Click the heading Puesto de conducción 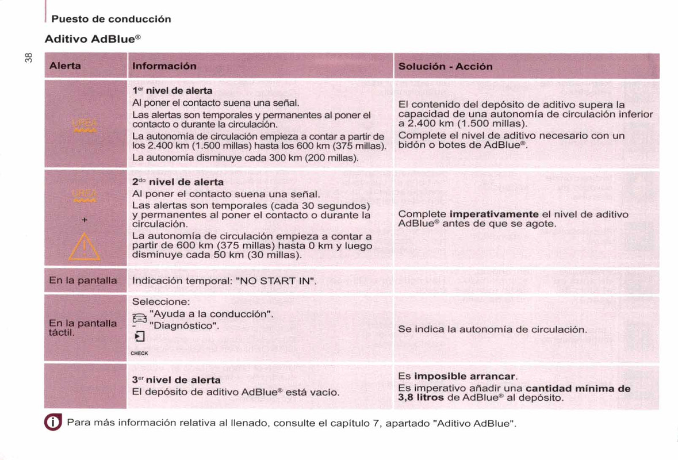click(x=111, y=19)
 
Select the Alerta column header click(x=65, y=66)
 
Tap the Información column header click(x=164, y=66)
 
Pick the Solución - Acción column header click(x=445, y=66)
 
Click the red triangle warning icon click(x=85, y=247)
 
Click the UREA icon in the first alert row click(x=85, y=125)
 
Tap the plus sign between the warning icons click(x=84, y=220)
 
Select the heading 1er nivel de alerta click(x=173, y=91)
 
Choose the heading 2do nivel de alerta click(x=178, y=182)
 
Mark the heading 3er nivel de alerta click(x=177, y=380)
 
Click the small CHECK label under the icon click(x=140, y=353)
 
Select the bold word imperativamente click(x=493, y=214)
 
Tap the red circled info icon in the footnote click(x=52, y=424)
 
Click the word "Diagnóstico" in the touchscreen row click(x=184, y=325)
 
